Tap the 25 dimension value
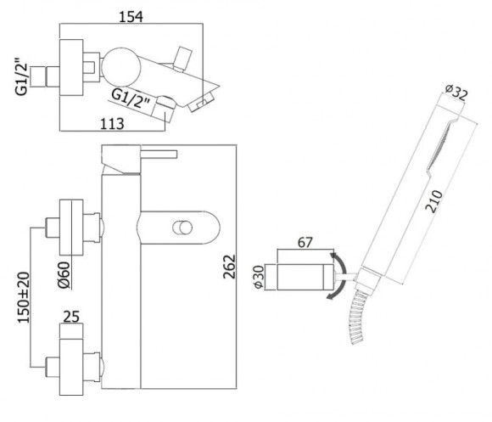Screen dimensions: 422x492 [73, 319]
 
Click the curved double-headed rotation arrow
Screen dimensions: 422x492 [338, 273]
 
